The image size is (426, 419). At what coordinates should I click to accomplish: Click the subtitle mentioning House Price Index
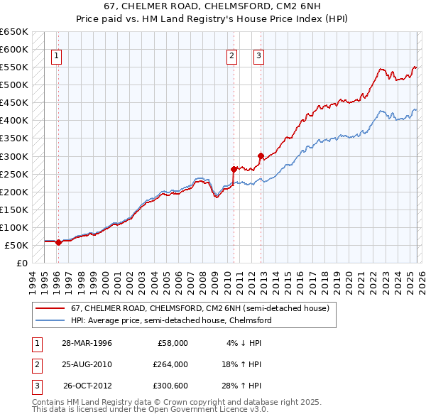(x=212, y=19)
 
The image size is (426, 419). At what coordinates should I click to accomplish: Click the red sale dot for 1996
(x=58, y=242)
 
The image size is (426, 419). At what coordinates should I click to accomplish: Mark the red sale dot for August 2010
(x=234, y=169)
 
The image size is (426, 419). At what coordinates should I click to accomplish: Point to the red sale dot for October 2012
(x=261, y=156)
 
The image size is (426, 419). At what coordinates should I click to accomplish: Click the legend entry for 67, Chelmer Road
(x=200, y=309)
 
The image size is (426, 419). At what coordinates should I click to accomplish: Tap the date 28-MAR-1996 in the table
(x=86, y=342)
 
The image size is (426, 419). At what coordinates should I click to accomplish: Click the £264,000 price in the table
(x=170, y=364)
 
